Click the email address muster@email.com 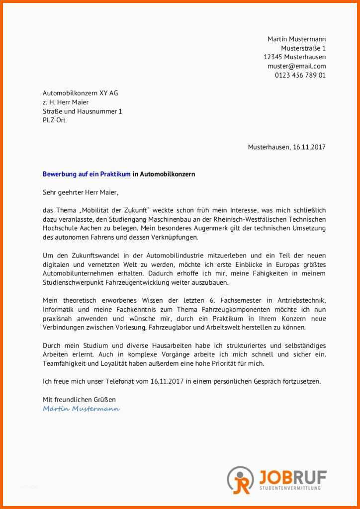coord(296,66)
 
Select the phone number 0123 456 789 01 coord(300,76)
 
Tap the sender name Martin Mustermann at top coord(296,39)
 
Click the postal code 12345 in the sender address coord(273,57)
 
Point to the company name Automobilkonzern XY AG coord(80,93)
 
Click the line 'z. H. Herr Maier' coord(66,102)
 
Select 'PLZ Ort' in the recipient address coord(54,120)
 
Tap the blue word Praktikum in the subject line coord(115,174)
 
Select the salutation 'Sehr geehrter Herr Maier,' coord(81,192)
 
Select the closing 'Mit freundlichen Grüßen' coord(79,399)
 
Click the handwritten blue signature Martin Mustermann coord(81,409)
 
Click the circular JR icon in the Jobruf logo coord(240,480)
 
